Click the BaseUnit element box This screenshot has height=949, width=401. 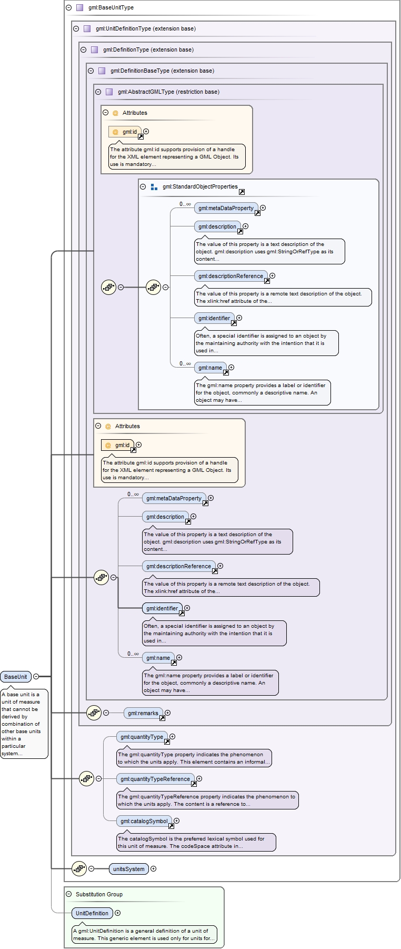[16, 677]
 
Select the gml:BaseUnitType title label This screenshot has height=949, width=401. [111, 7]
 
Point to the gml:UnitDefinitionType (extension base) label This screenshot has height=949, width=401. [146, 28]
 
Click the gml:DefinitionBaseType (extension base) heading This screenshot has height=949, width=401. [162, 71]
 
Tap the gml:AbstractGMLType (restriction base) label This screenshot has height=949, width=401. [168, 92]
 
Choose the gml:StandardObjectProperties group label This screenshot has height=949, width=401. [200, 186]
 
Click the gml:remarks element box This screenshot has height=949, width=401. [143, 713]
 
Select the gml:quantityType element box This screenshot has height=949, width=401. [142, 737]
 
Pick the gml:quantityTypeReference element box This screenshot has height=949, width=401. [155, 779]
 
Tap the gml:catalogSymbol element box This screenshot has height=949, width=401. [144, 821]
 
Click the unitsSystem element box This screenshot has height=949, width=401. [129, 869]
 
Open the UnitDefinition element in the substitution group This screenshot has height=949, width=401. [92, 913]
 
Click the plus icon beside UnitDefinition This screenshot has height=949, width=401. [118, 913]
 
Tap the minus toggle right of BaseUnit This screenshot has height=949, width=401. [36, 676]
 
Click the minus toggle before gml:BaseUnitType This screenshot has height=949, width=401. [69, 7]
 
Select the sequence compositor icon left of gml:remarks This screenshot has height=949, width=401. [94, 713]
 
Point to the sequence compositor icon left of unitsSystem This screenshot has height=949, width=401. [79, 868]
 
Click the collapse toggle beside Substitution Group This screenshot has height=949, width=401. [69, 894]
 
